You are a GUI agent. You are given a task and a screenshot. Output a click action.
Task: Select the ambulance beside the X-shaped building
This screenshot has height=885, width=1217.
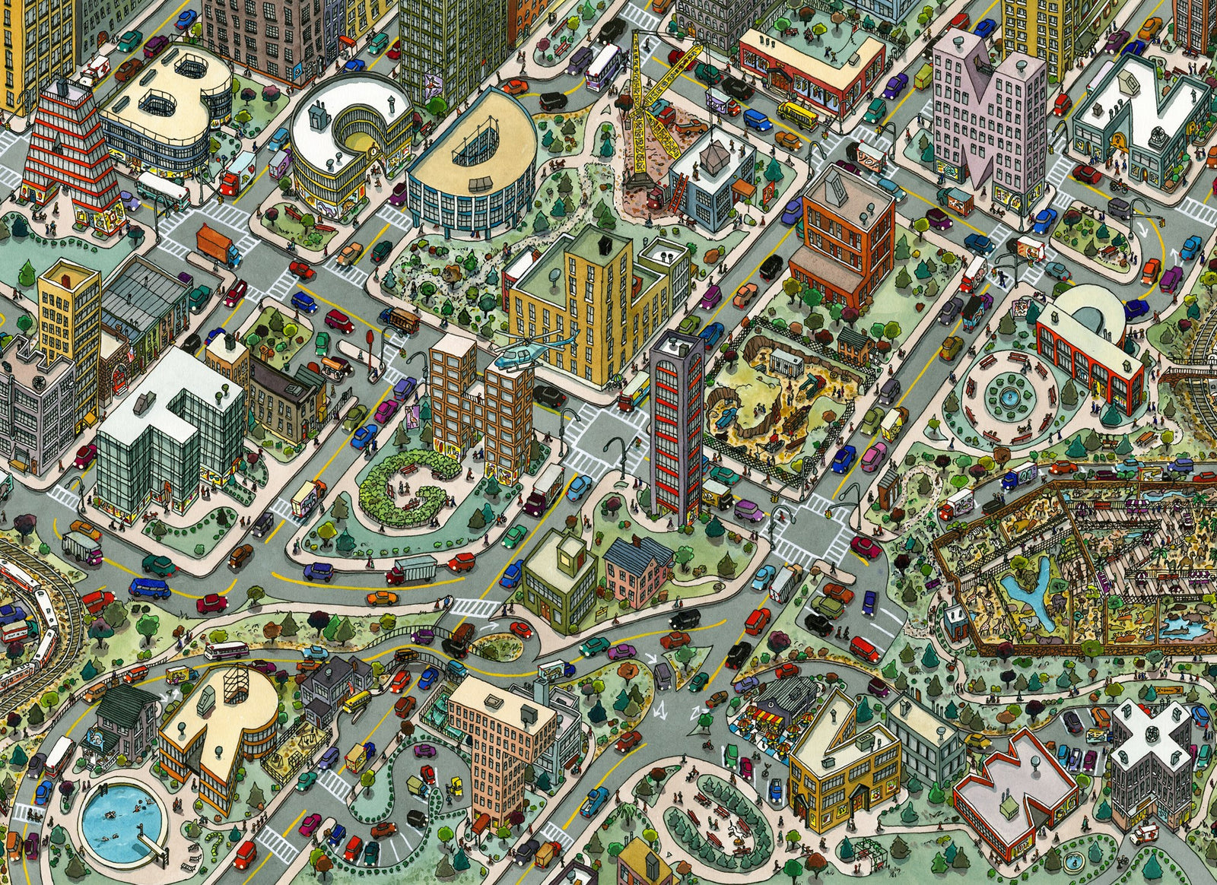point(1143,835)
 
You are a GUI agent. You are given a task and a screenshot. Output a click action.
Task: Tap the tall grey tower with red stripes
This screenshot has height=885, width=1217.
point(675,426)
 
